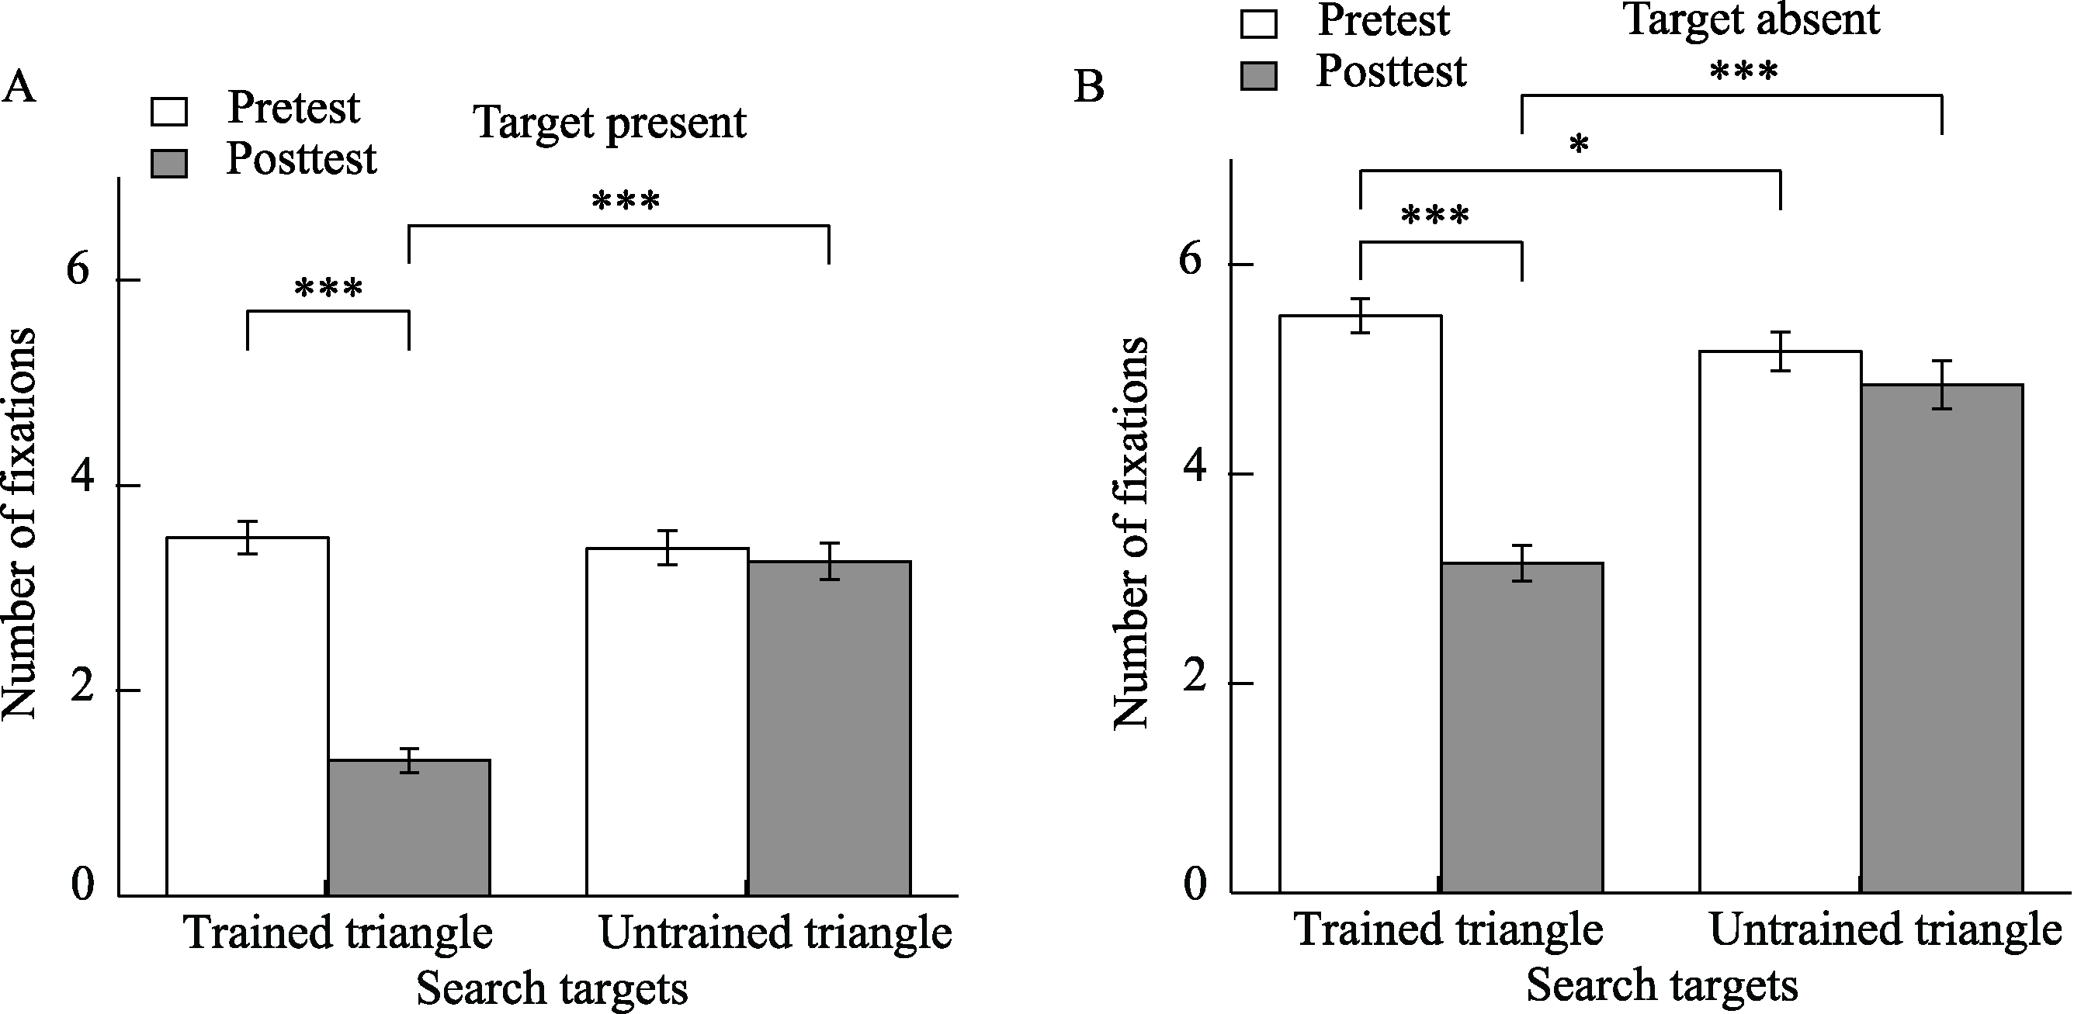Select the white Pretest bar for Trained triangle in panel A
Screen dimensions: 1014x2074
(x=247, y=716)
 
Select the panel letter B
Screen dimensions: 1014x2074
(x=1089, y=87)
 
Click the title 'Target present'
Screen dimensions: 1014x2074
(x=610, y=123)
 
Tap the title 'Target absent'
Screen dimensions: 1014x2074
(x=1752, y=19)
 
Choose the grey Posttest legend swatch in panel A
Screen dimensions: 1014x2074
(x=169, y=164)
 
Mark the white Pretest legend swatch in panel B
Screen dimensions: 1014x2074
(x=1258, y=24)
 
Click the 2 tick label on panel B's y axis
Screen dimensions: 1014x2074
(x=1194, y=677)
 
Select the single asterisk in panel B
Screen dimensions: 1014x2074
(x=1579, y=145)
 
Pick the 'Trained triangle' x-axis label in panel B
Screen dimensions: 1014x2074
(x=1448, y=930)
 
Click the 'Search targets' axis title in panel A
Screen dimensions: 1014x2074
(x=553, y=988)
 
